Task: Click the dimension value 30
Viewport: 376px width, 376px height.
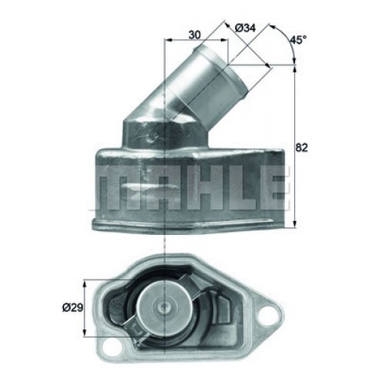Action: coord(196,35)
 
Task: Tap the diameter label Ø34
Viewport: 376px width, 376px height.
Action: coord(245,29)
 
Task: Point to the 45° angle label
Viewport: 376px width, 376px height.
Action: coord(298,38)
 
